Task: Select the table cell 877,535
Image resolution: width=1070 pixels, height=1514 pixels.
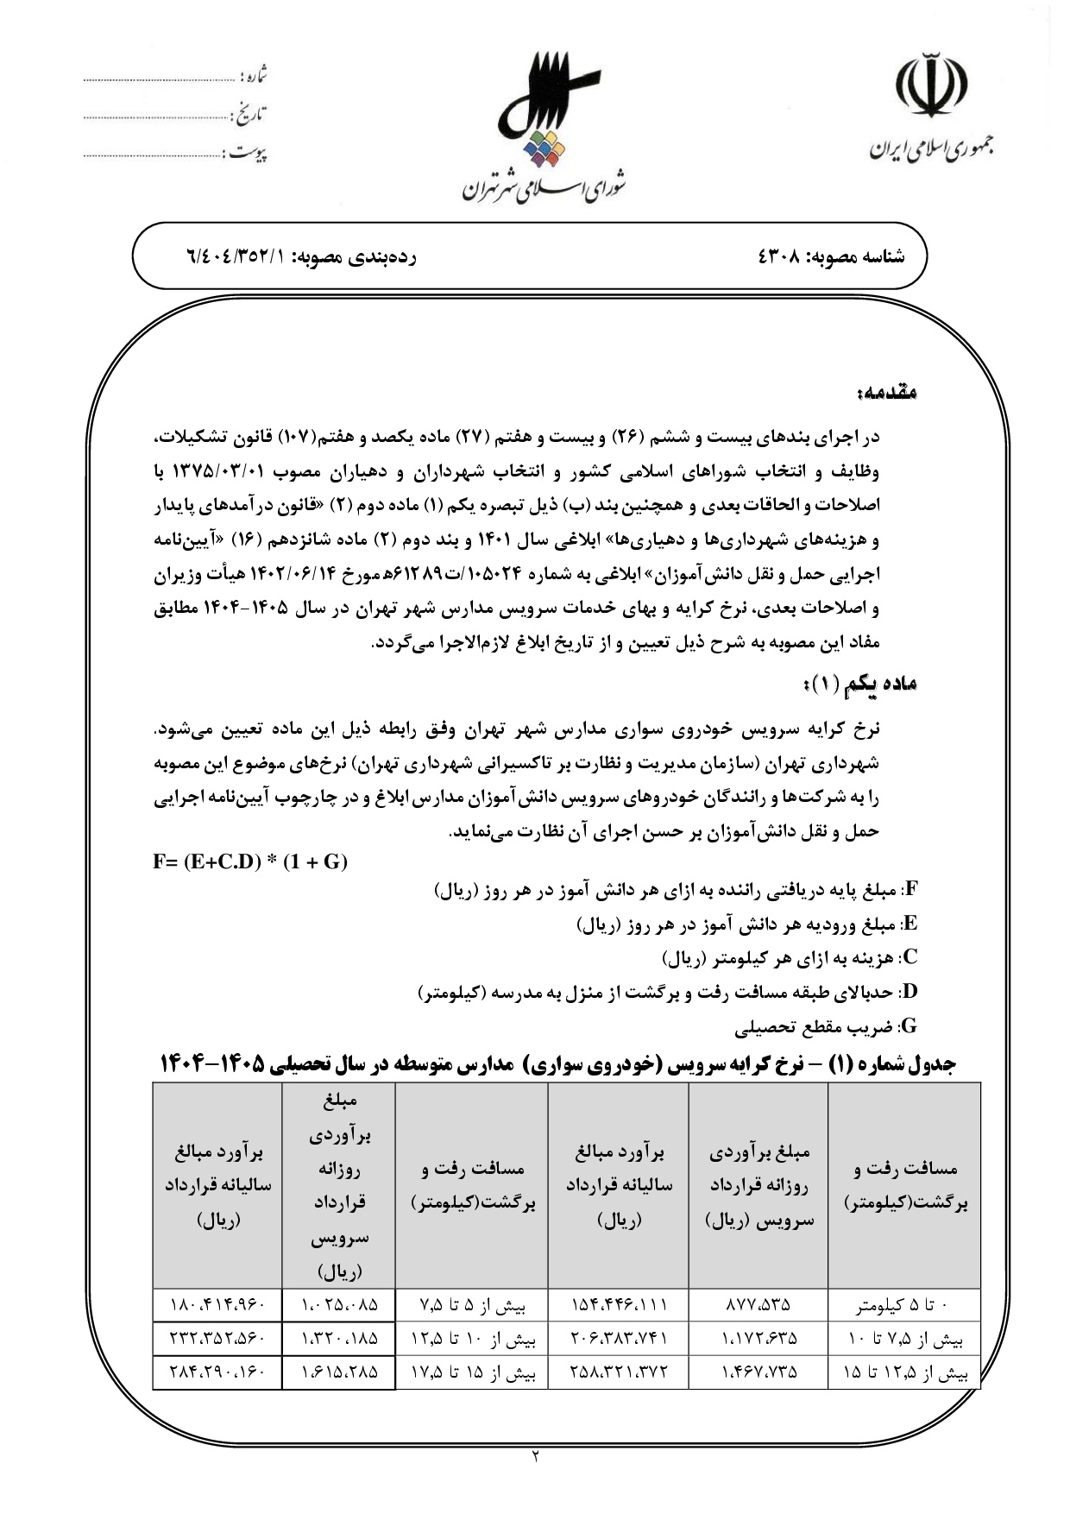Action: [x=758, y=1304]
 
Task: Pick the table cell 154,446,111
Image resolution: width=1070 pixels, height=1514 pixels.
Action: [x=618, y=1304]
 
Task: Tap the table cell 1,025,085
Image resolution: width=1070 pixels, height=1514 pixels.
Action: [x=339, y=1304]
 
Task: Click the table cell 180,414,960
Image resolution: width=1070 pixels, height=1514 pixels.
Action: [x=217, y=1304]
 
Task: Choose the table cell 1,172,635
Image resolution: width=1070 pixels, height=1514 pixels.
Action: [x=758, y=1339]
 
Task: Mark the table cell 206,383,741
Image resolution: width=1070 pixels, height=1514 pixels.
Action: [x=618, y=1339]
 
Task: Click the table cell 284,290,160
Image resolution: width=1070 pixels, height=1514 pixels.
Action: [x=217, y=1372]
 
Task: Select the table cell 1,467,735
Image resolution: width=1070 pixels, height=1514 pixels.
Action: [x=758, y=1372]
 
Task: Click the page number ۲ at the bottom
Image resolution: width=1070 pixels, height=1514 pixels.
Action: [x=535, y=1457]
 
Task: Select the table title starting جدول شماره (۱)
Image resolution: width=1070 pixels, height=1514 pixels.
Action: [x=557, y=1064]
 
